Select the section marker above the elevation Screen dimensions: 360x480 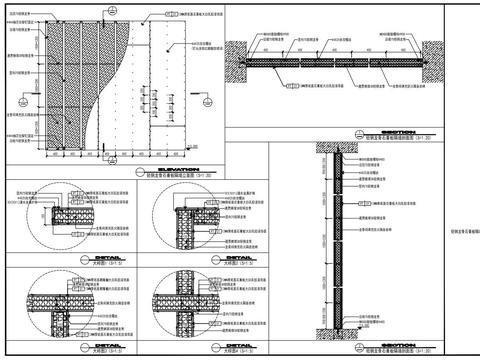(110, 9)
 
